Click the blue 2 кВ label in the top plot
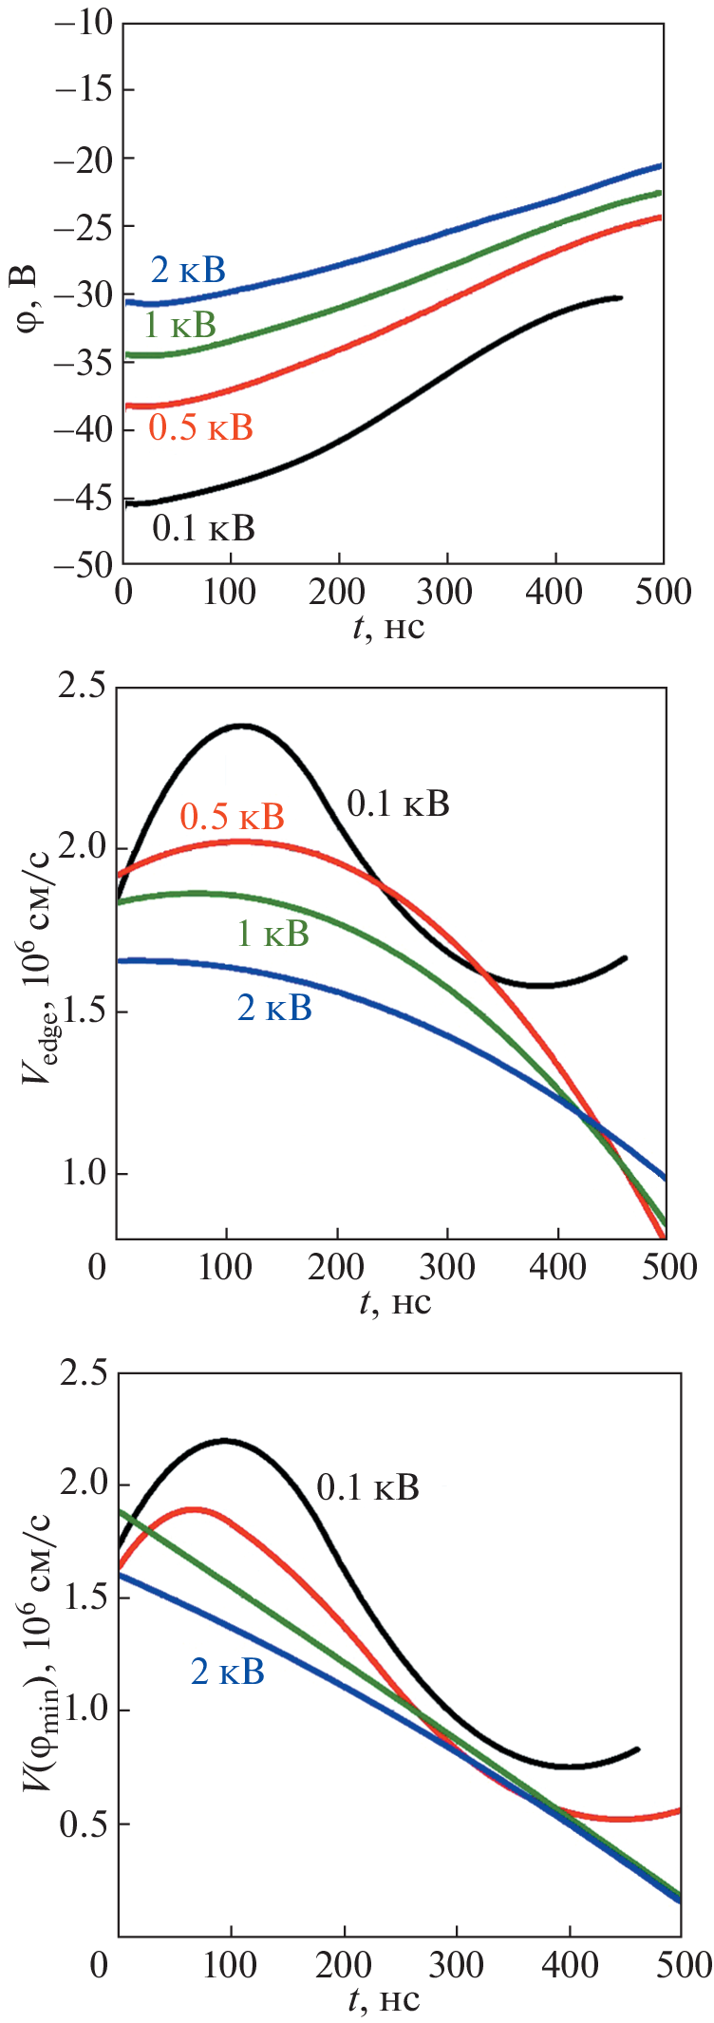pyautogui.click(x=188, y=271)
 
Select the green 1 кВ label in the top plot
pyautogui.click(x=179, y=326)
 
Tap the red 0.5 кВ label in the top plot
pyautogui.click(x=201, y=427)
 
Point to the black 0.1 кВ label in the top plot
pyautogui.click(x=204, y=528)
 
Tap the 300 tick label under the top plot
pyautogui.click(x=445, y=592)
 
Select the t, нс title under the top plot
pyautogui.click(x=389, y=627)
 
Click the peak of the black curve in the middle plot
pyautogui.click(x=243, y=726)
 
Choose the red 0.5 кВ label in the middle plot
pyautogui.click(x=233, y=816)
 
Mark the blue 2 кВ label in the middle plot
pyautogui.click(x=274, y=1008)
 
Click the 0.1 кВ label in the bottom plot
pyautogui.click(x=367, y=1488)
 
